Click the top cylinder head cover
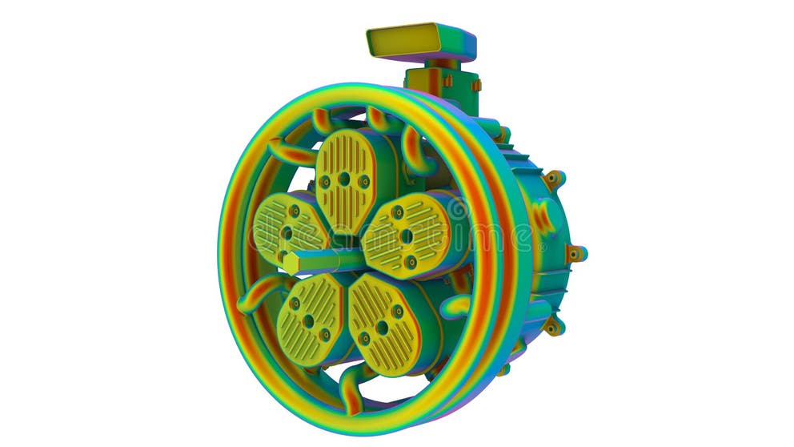(x=344, y=179)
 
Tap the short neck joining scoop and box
(x=445, y=63)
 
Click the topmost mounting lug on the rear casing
(x=552, y=179)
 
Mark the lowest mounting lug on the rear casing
(x=552, y=325)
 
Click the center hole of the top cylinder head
(x=343, y=179)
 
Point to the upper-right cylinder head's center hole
(x=406, y=236)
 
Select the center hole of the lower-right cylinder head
(x=383, y=328)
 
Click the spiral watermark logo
(x=457, y=210)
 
